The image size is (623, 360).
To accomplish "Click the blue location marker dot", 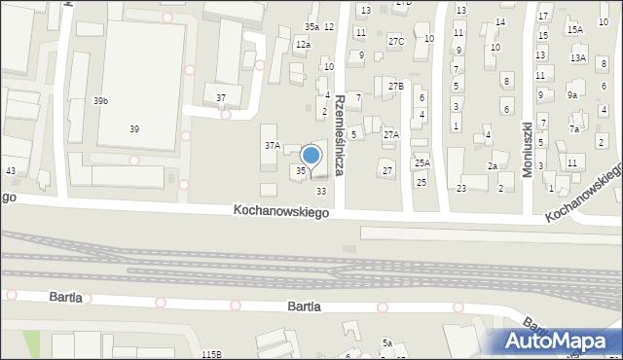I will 311,154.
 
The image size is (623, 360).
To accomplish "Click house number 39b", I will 100,101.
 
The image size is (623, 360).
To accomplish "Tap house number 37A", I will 273,145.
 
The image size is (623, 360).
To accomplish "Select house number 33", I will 321,191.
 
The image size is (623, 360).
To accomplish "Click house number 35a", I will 311,26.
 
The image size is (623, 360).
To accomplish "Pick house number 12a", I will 304,45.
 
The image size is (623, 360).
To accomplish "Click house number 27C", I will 395,41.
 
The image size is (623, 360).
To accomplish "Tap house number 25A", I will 421,163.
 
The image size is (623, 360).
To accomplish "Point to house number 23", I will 461,188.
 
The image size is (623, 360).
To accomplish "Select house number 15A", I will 575,30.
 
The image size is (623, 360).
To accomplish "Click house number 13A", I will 578,58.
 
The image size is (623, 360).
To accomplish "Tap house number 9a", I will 572,94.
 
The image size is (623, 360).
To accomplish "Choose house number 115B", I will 211,354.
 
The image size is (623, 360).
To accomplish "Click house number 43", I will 11,171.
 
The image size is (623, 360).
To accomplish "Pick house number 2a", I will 493,166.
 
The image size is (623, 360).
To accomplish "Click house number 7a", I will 574,128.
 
